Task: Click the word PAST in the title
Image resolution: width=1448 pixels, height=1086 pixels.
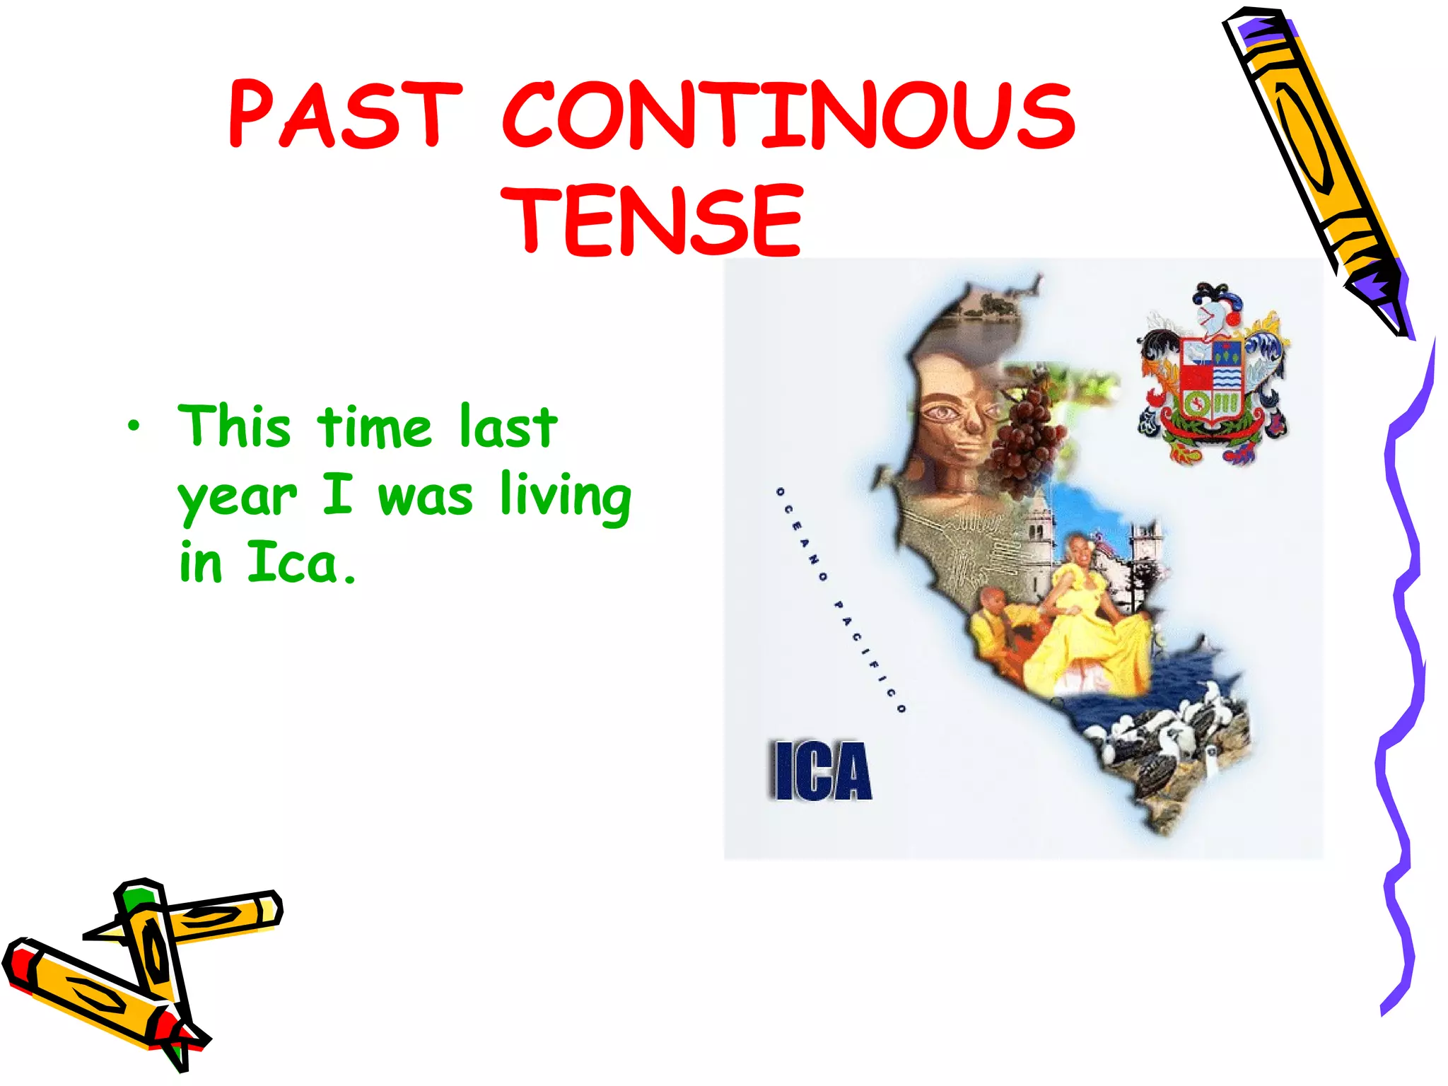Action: coord(345,115)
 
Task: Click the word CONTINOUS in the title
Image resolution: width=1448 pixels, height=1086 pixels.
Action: coord(788,115)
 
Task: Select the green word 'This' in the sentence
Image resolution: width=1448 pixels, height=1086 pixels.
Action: coord(234,426)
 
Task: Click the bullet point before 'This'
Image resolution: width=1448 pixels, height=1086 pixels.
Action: coord(134,426)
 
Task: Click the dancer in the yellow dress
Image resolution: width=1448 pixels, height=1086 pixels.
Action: coord(1089,622)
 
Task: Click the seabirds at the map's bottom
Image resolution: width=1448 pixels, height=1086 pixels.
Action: coord(1167,742)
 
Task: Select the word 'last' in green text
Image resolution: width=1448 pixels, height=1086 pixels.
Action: coord(508,426)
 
